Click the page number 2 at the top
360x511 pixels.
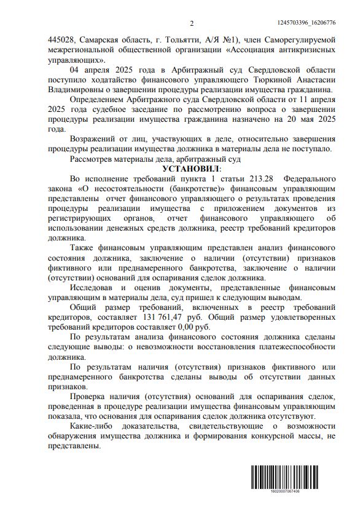coord(192,23)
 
